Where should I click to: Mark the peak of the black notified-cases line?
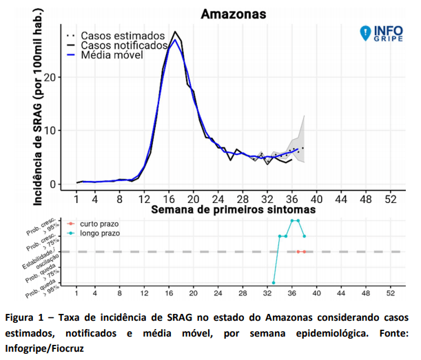[x=176, y=32]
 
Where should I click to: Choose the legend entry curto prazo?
[x=99, y=224]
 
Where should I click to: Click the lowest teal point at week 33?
[x=274, y=283]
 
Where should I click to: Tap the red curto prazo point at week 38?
[x=304, y=252]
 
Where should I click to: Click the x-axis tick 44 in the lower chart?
[x=340, y=293]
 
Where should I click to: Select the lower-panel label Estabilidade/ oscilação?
[x=44, y=255]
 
